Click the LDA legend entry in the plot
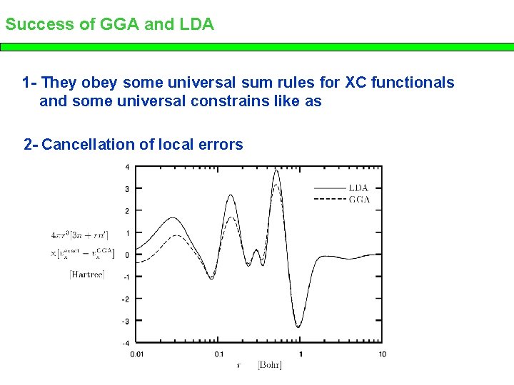[x=358, y=188]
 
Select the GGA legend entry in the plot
[x=359, y=200]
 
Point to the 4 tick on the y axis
[x=127, y=167]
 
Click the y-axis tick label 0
[x=127, y=255]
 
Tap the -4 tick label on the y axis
[x=126, y=343]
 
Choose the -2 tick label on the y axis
[x=126, y=299]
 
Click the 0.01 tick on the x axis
[x=136, y=354]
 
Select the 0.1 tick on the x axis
[x=218, y=354]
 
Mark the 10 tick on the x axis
[x=382, y=354]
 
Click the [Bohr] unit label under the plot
[x=270, y=366]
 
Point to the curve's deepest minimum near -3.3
[x=299, y=327]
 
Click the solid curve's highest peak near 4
[x=276, y=170]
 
